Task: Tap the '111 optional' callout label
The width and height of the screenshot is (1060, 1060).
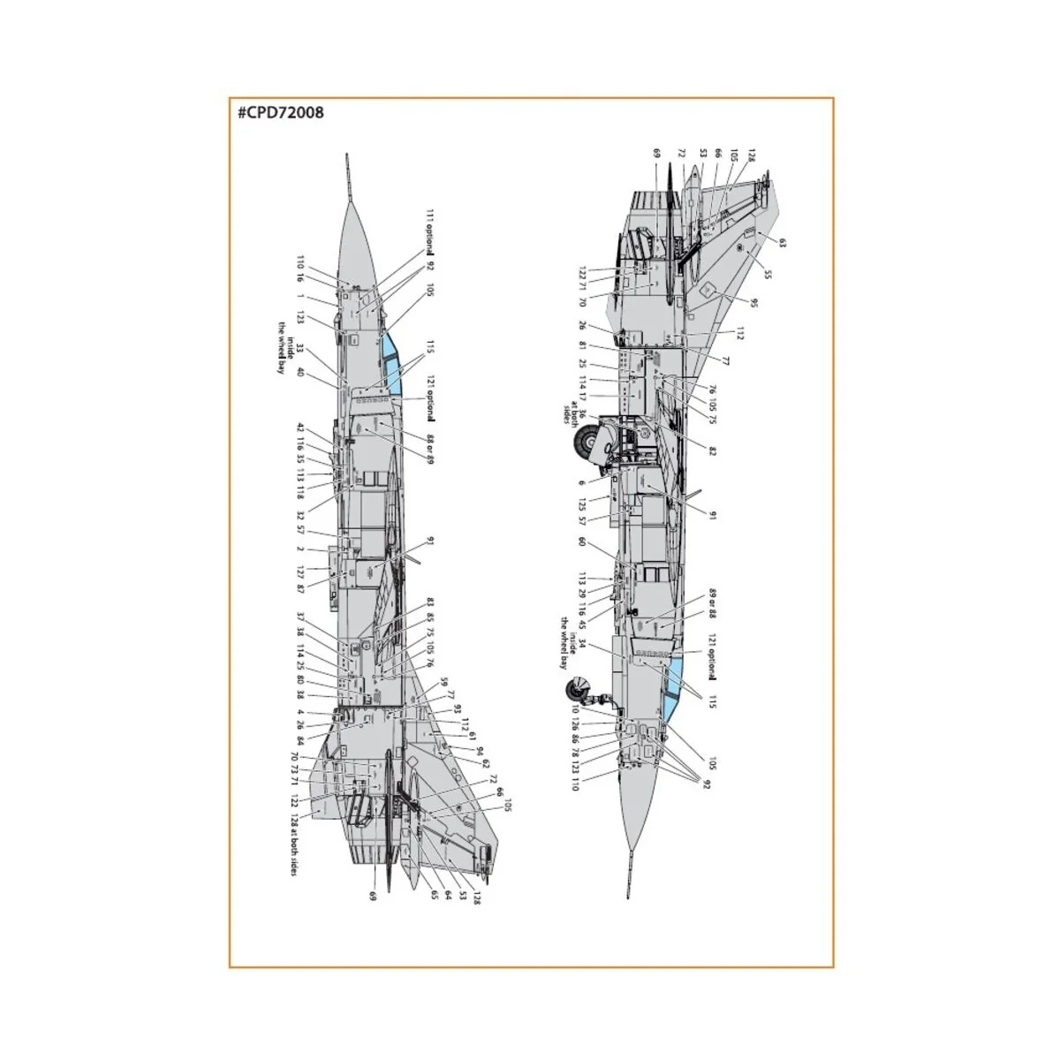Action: click(430, 232)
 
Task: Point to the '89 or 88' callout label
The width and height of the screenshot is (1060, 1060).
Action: click(711, 606)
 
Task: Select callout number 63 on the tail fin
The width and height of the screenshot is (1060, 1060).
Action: click(781, 240)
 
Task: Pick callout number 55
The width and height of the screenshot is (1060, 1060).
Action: click(767, 276)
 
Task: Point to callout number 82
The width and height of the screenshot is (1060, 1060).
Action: click(712, 450)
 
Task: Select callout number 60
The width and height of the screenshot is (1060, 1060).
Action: click(582, 541)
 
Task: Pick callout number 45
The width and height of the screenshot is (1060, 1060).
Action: click(582, 626)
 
